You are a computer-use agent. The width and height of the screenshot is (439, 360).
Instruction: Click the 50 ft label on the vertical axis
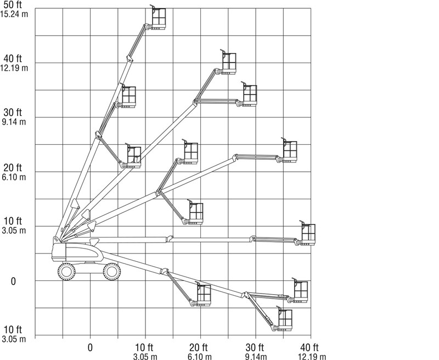tap(13, 5)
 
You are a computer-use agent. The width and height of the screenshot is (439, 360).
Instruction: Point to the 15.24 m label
tap(14, 14)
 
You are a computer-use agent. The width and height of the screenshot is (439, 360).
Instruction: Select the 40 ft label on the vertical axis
tap(13, 59)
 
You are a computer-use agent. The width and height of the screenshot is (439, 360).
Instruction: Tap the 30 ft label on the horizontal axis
tap(255, 347)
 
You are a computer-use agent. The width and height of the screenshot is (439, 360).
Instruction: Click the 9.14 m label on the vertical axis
tap(14, 122)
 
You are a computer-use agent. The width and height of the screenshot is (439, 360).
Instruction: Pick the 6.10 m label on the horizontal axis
tap(200, 357)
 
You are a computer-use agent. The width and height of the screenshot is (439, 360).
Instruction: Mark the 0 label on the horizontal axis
tap(90, 347)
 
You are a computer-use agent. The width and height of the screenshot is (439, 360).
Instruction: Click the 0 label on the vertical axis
tap(13, 282)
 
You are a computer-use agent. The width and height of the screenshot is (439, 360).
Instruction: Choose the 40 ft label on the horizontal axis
tap(309, 347)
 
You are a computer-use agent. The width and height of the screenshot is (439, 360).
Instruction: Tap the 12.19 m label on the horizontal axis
tap(312, 357)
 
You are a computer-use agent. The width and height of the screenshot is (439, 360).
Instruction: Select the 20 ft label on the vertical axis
tap(13, 168)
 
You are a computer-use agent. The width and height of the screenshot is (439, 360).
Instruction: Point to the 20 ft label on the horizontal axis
tap(198, 347)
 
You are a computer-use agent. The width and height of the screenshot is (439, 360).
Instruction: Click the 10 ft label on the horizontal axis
tap(144, 347)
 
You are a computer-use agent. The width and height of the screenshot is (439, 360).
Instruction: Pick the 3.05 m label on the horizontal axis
tap(145, 357)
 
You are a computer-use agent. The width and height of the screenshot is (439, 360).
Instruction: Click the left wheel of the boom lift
tap(66, 272)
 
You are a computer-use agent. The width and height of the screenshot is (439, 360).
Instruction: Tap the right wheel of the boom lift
tap(112, 272)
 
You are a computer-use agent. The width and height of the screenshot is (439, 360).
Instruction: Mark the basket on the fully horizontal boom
tap(307, 233)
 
